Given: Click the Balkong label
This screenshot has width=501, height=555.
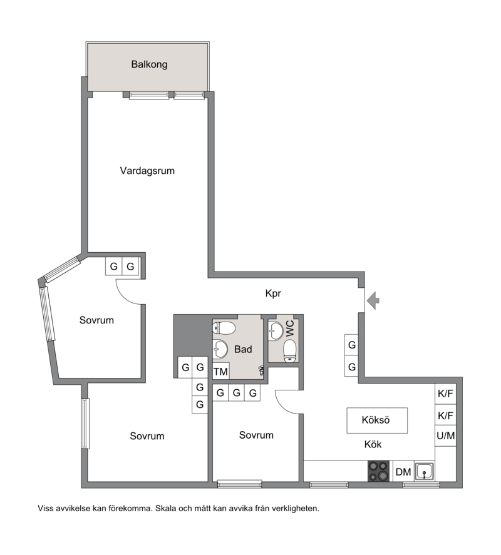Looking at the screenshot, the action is click(149, 64).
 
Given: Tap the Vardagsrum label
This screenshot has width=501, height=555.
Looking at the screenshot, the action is click(147, 171).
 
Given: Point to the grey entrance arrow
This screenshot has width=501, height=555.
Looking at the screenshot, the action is click(373, 301).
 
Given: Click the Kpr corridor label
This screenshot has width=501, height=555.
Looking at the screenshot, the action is click(273, 293).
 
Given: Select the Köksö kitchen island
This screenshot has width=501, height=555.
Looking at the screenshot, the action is click(377, 420).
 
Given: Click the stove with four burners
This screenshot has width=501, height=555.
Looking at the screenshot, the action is click(378, 471).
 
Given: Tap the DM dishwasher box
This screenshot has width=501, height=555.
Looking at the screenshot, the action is click(403, 471).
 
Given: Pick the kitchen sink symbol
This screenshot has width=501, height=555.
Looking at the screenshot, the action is click(425, 471).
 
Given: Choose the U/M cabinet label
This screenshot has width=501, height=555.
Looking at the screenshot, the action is click(445, 435).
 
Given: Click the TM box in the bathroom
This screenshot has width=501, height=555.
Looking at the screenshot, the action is click(220, 371).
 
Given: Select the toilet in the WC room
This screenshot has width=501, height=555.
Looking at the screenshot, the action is click(290, 352).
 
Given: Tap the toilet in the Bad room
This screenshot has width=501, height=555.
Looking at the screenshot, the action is click(224, 328).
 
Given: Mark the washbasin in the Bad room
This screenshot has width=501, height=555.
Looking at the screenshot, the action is click(220, 349).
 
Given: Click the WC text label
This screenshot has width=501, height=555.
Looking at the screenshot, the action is click(290, 328).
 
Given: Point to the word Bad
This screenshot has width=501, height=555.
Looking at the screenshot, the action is click(243, 349).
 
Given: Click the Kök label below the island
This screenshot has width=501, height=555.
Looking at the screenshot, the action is click(373, 444).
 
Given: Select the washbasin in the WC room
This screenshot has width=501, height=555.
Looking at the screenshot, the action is click(275, 331).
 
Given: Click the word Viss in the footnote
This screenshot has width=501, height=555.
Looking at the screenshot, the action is click(46, 509).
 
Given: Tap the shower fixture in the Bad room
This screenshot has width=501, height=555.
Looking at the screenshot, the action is click(262, 370).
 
